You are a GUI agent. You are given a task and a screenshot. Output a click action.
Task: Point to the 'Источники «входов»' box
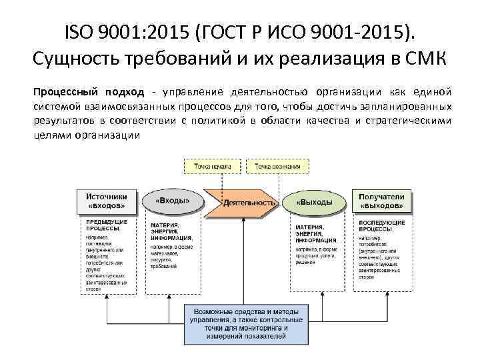tap(109, 201)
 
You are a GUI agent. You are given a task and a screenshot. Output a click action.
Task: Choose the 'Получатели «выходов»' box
tap(382, 201)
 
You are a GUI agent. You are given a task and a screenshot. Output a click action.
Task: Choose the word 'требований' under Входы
tap(161, 266)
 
